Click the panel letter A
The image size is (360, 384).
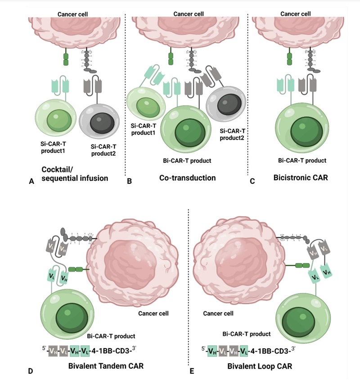tap(31, 182)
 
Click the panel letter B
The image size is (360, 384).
tap(130, 182)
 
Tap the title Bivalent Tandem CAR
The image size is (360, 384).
tap(106, 366)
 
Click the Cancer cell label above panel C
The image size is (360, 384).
tap(295, 14)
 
